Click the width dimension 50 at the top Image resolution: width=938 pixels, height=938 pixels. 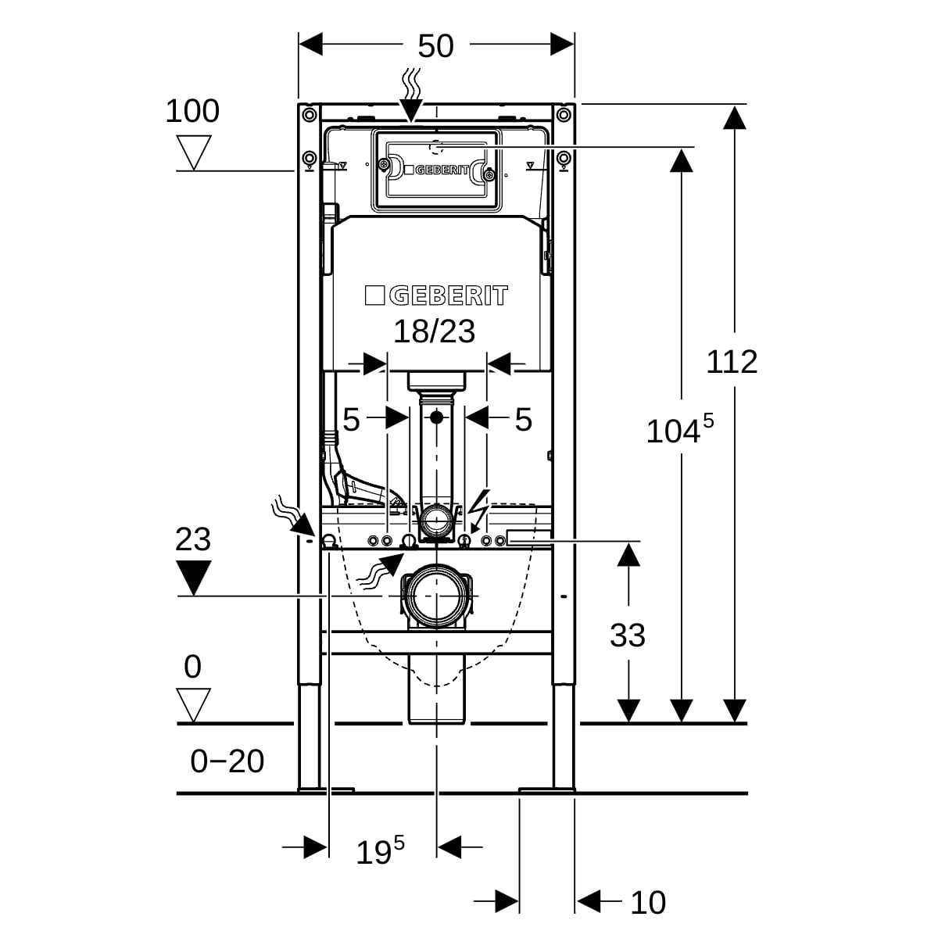point(435,46)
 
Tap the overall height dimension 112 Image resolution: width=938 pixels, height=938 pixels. point(732,362)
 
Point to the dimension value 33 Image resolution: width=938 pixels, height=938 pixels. point(628,635)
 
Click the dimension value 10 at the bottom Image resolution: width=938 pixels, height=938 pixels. point(647,903)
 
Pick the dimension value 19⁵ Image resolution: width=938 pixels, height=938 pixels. point(380,850)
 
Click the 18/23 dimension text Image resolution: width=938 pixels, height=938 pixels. point(434,331)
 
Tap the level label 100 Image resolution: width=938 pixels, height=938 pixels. point(192,111)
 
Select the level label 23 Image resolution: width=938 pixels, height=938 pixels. point(192,539)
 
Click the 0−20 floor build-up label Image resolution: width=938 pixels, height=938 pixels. point(227,761)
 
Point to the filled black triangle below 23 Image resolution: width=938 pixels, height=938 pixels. point(193,578)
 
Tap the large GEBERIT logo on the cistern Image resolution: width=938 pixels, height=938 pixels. point(436,295)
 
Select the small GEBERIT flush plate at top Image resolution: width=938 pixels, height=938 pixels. point(436,169)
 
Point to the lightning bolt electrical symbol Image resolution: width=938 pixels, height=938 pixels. point(478,509)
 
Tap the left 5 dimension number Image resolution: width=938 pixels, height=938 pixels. point(351,420)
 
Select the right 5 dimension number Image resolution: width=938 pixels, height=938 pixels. point(523,420)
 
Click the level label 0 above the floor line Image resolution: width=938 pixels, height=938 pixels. point(192,667)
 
